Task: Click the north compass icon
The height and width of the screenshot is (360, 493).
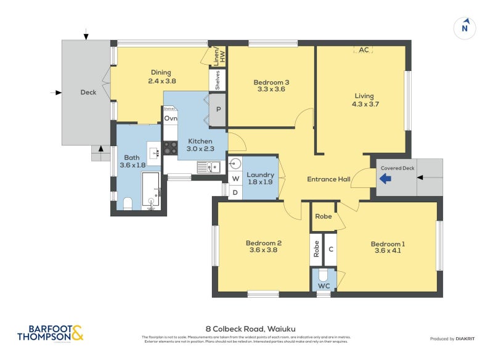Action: (465, 27)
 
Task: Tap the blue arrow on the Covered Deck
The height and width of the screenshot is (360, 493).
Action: (385, 179)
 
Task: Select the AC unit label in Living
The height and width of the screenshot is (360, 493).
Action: (364, 50)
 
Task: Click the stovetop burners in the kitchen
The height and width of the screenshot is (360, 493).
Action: (169, 147)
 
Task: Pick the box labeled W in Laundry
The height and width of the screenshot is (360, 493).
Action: (235, 179)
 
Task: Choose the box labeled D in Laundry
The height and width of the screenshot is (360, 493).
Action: (235, 192)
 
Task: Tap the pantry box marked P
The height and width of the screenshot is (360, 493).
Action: (218, 110)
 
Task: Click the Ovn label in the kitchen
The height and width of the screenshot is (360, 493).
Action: (171, 118)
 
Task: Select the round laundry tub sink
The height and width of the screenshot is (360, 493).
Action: (235, 164)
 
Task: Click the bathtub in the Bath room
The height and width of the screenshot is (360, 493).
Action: (151, 189)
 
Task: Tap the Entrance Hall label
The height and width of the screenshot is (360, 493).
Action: (328, 179)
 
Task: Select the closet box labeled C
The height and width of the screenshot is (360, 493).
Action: (330, 249)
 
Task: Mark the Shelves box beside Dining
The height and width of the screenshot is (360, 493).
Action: (218, 79)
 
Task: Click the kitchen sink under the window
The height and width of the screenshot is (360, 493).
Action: (210, 166)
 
